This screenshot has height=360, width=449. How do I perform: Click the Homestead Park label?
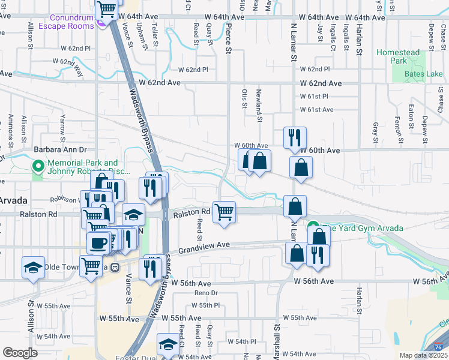click(398, 56)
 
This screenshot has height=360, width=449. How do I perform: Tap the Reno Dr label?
click(205, 293)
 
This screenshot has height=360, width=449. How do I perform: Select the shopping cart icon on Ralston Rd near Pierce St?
click(224, 212)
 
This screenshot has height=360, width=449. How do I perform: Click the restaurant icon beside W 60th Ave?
click(294, 138)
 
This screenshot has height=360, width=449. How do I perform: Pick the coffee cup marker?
click(98, 243)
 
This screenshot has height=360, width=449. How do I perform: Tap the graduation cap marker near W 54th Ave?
click(167, 344)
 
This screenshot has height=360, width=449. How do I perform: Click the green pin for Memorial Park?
click(38, 166)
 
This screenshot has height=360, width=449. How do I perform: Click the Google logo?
click(20, 353)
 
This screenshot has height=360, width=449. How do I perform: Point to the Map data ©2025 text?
click(423, 355)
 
